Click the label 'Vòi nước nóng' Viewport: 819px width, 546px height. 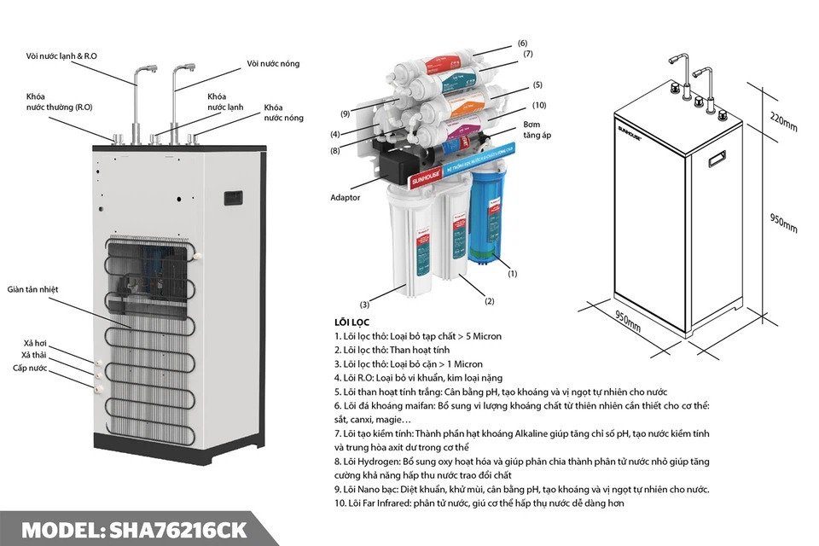coord(273,63)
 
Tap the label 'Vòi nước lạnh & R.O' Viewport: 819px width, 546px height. coord(61,56)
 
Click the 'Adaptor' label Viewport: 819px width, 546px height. coord(346,197)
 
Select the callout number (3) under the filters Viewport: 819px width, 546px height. coord(364,304)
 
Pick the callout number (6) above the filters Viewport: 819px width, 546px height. coord(522,43)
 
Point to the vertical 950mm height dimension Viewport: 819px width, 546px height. coord(784,223)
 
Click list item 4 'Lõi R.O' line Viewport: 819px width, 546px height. coord(419,378)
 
